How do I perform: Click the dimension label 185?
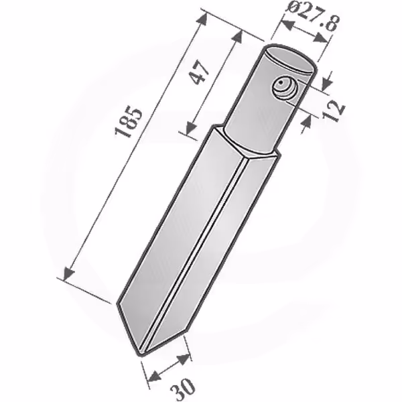(x=129, y=123)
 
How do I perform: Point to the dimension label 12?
(x=333, y=111)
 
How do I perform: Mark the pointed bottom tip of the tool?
(x=141, y=354)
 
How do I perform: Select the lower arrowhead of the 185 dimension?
(x=68, y=274)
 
